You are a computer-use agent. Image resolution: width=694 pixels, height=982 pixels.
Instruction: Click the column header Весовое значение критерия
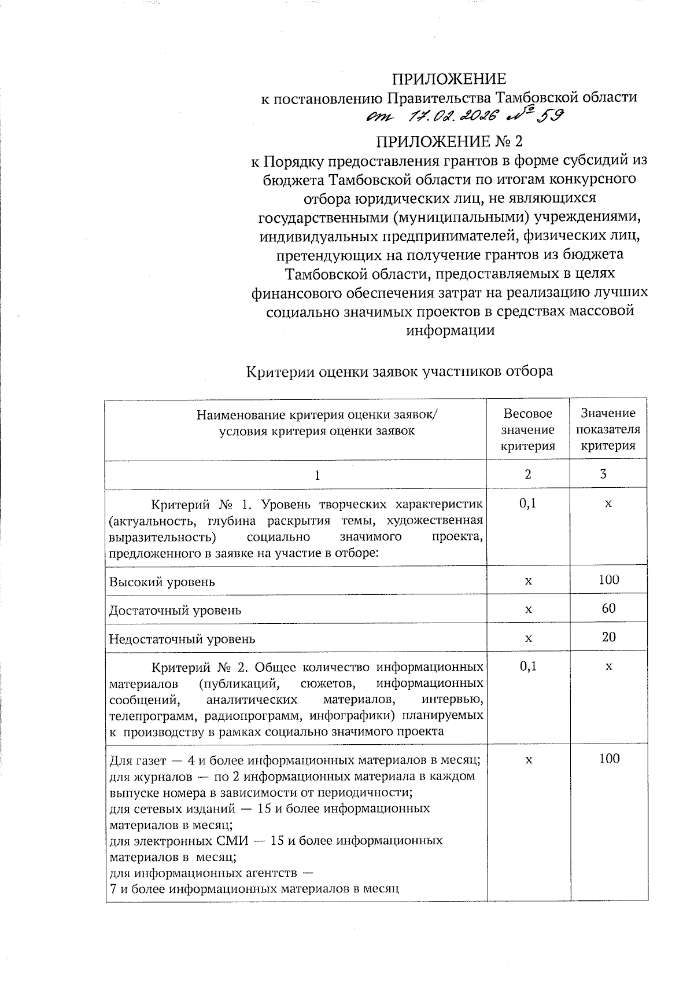coord(527,429)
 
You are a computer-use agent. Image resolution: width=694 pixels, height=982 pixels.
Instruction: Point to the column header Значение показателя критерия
coord(608,429)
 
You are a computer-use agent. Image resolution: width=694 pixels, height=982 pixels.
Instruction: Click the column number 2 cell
coord(527,474)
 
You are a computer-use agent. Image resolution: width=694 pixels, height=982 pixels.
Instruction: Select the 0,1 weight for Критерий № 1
coord(527,503)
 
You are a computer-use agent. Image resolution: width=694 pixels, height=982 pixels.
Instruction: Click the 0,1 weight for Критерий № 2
coord(527,666)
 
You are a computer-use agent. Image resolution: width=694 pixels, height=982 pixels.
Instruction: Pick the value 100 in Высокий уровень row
coord(609,579)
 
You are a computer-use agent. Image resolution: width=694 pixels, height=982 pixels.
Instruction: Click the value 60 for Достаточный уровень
coord(608,608)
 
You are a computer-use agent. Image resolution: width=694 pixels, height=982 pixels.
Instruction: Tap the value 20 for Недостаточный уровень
coord(608,637)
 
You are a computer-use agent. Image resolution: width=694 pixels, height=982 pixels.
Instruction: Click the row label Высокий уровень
coord(162,582)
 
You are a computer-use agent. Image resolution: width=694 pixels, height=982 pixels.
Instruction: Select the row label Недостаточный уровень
coord(182,639)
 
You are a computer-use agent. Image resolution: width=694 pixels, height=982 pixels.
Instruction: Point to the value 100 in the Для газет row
coord(609,759)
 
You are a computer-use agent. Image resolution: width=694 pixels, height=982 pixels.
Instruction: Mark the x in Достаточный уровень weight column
coord(527,609)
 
